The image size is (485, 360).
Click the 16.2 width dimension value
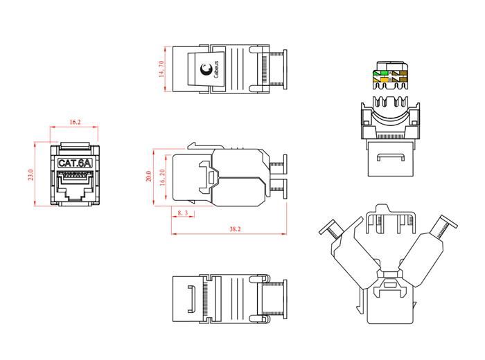(x=75, y=122)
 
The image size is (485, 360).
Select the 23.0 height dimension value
(x=30, y=174)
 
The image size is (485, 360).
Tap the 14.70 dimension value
(x=161, y=69)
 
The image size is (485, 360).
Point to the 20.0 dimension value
(x=149, y=176)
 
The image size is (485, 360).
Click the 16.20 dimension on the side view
(x=162, y=177)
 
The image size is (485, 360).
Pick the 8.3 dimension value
(x=182, y=213)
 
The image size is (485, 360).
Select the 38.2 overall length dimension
(x=235, y=229)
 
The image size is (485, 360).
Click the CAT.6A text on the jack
(x=75, y=163)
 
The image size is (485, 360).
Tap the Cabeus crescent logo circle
(x=205, y=69)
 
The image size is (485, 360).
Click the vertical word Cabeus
(x=216, y=69)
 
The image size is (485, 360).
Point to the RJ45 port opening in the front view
(x=75, y=186)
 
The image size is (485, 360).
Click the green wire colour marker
(x=382, y=73)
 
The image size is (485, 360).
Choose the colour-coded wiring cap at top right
(x=391, y=75)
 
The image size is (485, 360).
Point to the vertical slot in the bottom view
(x=191, y=299)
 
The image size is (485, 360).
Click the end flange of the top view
(x=285, y=69)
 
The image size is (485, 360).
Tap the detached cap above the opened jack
(x=391, y=219)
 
